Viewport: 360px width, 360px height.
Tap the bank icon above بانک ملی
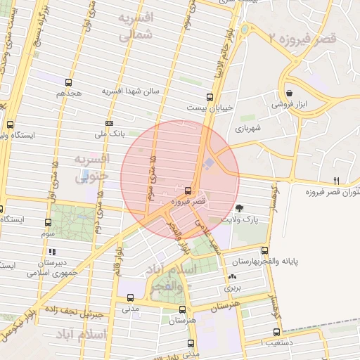pyautogui.click(x=108, y=123)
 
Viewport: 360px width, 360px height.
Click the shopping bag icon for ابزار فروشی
pyautogui.click(x=290, y=93)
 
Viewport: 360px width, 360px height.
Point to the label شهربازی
pyautogui.click(x=248, y=129)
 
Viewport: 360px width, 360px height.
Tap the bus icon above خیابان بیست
pyautogui.click(x=209, y=98)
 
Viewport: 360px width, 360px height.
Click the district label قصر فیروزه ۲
pyautogui.click(x=309, y=37)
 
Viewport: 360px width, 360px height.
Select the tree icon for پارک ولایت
pyautogui.click(x=240, y=207)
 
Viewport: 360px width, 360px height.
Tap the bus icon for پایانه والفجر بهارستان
pyautogui.click(x=264, y=250)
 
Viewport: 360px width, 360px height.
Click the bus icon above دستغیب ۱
pyautogui.click(x=276, y=332)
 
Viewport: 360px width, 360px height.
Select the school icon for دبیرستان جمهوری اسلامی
pyautogui.click(x=51, y=252)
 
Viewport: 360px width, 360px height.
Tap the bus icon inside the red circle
pyautogui.click(x=188, y=190)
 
